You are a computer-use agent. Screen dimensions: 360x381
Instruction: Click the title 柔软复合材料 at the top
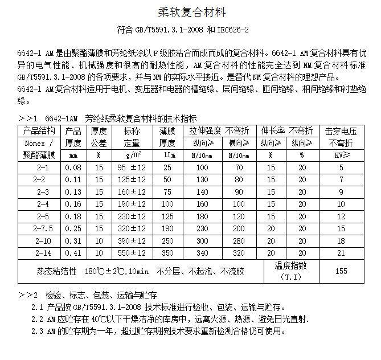pos(190,11)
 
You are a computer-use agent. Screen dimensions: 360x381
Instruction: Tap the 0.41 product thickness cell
pos(73,252)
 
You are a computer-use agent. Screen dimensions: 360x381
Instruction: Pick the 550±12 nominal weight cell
pos(132,252)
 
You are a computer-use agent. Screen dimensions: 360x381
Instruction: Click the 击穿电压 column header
pos(341,132)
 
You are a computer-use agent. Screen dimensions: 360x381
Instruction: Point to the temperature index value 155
pos(341,271)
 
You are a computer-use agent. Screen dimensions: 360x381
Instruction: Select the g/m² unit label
pos(132,155)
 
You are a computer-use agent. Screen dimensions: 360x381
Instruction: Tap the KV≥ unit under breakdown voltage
pos(341,155)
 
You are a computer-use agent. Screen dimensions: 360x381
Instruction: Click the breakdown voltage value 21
pos(341,252)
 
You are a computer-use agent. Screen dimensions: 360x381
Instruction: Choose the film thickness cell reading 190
pos(167,228)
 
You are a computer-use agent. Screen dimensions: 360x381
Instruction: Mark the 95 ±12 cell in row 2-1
pos(132,167)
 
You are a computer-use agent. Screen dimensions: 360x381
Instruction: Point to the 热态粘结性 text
pos(56,271)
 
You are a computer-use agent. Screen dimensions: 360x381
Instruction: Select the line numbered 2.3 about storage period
pos(159,330)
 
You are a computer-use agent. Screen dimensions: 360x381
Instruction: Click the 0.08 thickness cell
pos(73,167)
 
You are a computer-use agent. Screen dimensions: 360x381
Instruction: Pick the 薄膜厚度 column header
pos(167,137)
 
